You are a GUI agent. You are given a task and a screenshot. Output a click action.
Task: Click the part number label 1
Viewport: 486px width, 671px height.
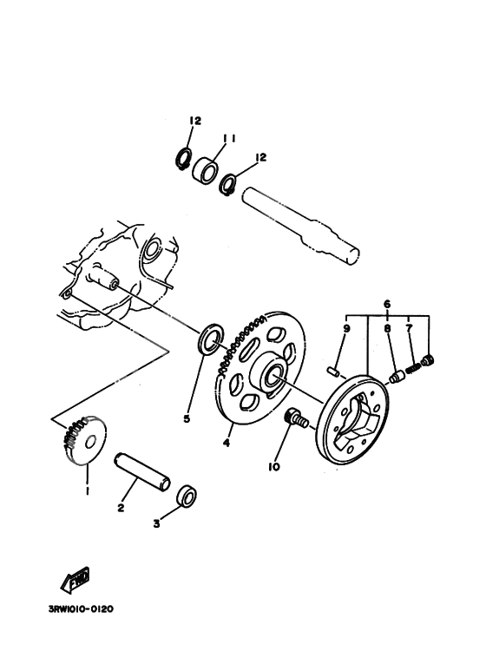[87, 491]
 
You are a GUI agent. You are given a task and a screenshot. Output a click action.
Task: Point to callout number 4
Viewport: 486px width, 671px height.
[226, 442]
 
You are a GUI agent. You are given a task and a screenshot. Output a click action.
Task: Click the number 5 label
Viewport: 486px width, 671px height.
[186, 418]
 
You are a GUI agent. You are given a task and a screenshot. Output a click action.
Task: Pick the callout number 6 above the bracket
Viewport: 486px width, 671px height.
[388, 304]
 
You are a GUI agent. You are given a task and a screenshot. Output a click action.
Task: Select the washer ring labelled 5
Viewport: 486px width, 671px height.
[209, 338]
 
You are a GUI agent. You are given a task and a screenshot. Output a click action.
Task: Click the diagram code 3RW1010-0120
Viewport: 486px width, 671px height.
[80, 609]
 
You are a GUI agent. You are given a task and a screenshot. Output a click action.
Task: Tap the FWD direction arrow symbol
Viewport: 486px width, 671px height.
[77, 578]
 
